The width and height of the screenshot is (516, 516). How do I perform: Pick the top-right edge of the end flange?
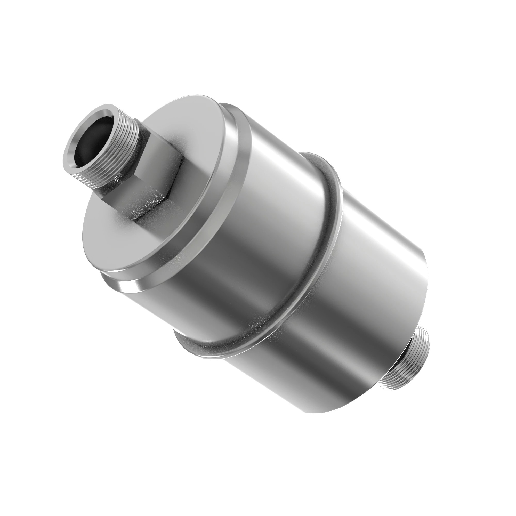coord(235,112)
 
